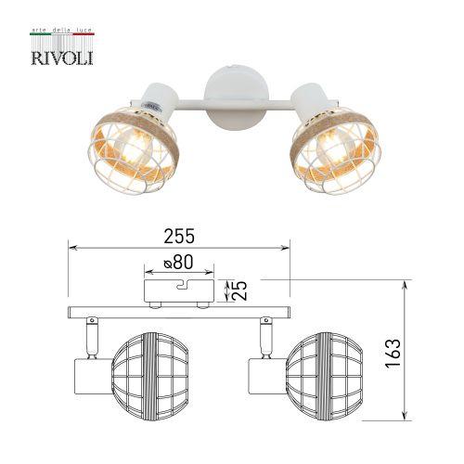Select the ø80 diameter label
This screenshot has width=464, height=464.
[x=179, y=265]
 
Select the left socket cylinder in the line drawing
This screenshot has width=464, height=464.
[x=89, y=375]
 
